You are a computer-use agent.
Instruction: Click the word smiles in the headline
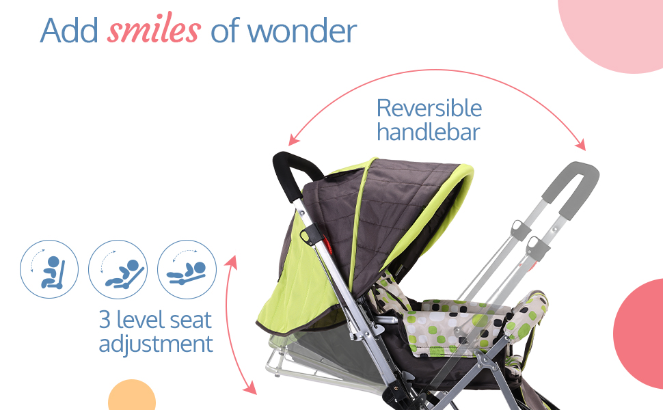point(154,28)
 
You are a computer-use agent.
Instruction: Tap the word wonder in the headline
point(302,31)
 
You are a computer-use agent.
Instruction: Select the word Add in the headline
point(69,31)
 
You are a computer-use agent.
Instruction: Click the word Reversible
point(429,108)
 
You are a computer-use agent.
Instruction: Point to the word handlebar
point(429,131)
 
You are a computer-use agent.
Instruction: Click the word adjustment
point(156,344)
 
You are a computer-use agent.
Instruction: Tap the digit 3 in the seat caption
point(105,320)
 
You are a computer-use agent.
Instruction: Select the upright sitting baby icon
point(49,269)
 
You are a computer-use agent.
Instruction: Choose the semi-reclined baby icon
point(118,269)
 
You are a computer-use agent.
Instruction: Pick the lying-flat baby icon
point(187,269)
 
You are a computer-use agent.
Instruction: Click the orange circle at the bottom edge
point(132,397)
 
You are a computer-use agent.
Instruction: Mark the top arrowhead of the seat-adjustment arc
point(231,262)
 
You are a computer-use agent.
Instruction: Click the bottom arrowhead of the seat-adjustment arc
point(251,388)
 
